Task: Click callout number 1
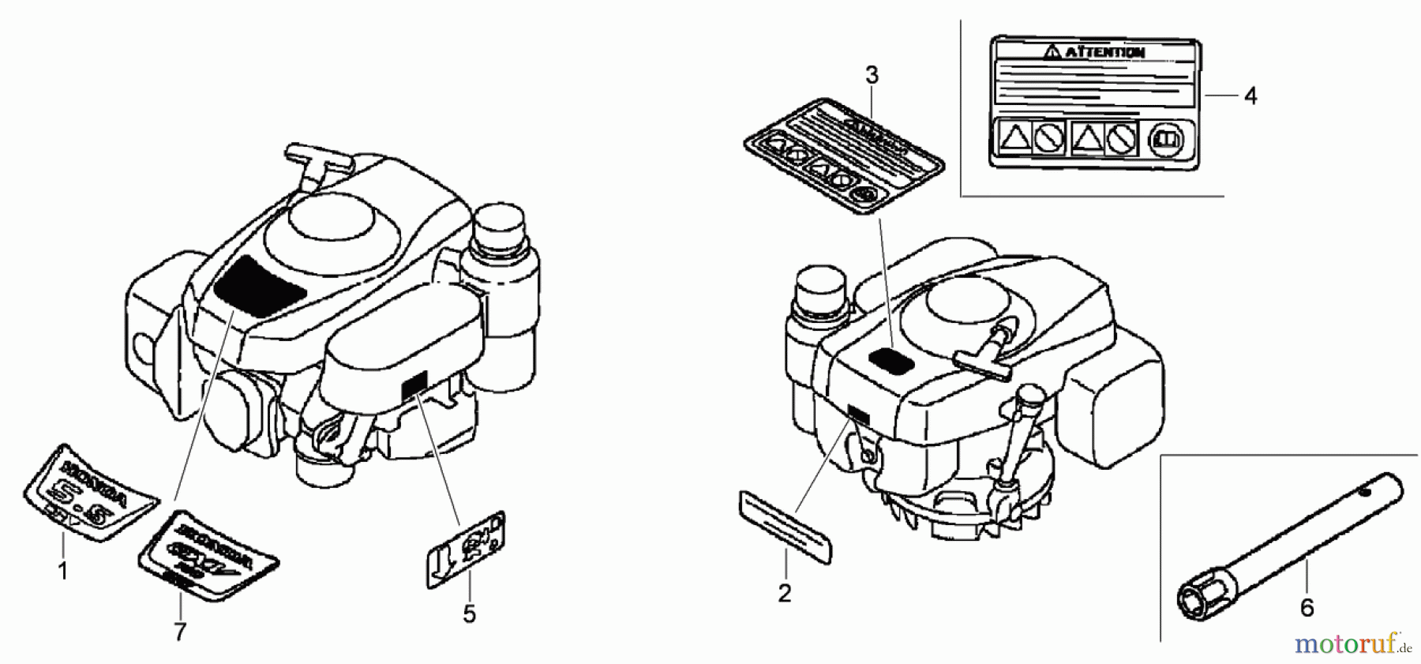pyautogui.click(x=63, y=570)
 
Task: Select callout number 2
pyautogui.click(x=784, y=593)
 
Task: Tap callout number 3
pyautogui.click(x=871, y=76)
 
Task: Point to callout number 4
pyautogui.click(x=1249, y=96)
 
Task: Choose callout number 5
pyautogui.click(x=469, y=614)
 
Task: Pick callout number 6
pyautogui.click(x=1307, y=607)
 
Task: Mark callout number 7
pyautogui.click(x=180, y=632)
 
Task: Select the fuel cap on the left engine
pyautogui.click(x=498, y=222)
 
